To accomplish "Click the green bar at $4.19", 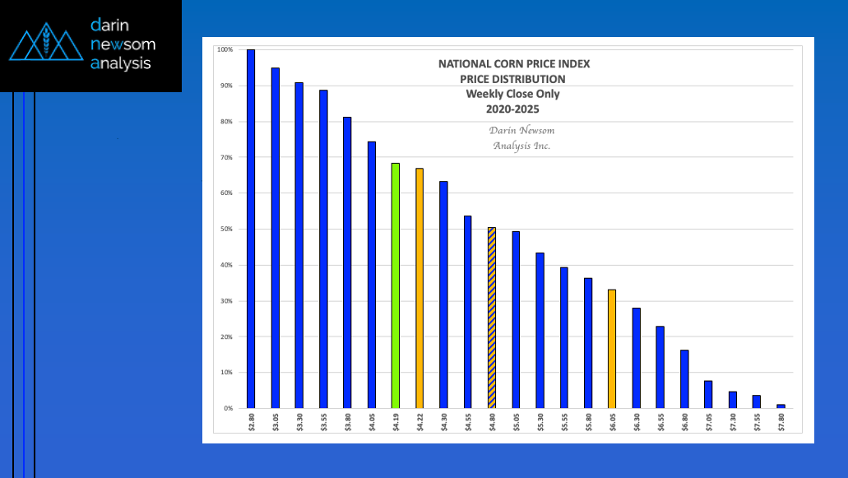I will [396, 285].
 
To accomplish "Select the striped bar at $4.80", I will [492, 318].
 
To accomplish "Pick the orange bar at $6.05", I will [612, 349].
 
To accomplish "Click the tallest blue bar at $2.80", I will [251, 229].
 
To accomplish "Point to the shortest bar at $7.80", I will [781, 406].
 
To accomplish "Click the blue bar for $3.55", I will [323, 248].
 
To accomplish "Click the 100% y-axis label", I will [224, 49].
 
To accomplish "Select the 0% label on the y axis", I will [226, 408].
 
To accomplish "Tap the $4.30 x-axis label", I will [444, 423].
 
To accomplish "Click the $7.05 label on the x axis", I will [708, 423].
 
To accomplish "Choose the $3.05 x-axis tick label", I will [276, 423].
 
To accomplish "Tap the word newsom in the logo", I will [123, 44].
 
